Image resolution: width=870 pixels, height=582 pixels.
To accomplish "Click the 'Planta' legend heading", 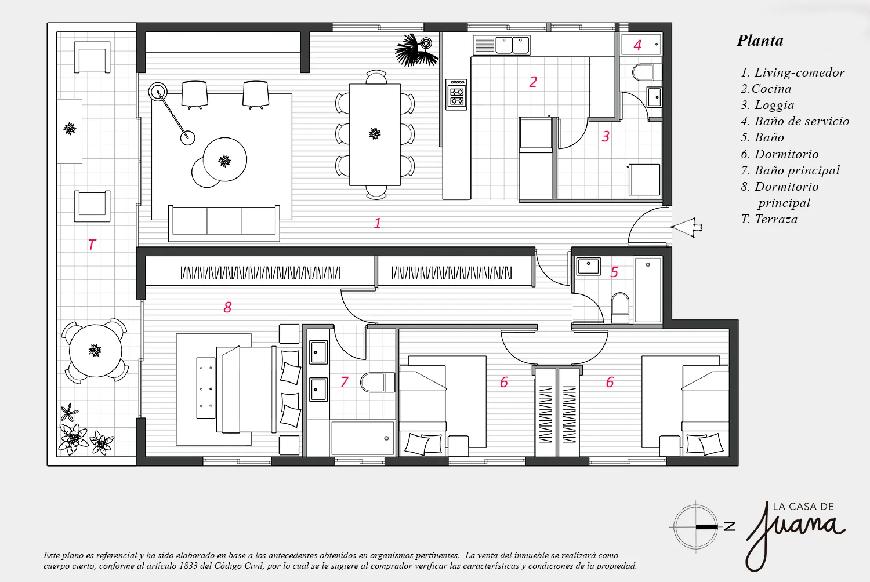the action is pyautogui.click(x=760, y=41).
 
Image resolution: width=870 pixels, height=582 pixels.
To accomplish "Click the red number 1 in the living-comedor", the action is pyautogui.click(x=377, y=223).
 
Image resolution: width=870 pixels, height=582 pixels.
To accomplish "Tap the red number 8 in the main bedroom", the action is pyautogui.click(x=227, y=307).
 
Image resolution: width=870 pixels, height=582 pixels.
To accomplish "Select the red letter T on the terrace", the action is pyautogui.click(x=92, y=245).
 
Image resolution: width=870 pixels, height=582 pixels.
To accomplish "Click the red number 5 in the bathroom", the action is pyautogui.click(x=614, y=272).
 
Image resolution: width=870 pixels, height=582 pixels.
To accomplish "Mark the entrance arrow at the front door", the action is pyautogui.click(x=686, y=227).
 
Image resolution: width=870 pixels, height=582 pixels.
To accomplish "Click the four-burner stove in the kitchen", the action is pyautogui.click(x=456, y=94).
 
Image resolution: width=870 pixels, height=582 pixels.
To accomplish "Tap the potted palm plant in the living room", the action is pyautogui.click(x=416, y=50).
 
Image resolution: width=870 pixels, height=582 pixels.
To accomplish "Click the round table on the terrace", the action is pyautogui.click(x=95, y=351).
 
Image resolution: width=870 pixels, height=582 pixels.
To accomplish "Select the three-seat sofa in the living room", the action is pyautogui.click(x=224, y=223).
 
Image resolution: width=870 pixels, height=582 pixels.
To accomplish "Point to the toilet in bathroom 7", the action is pyautogui.click(x=378, y=383).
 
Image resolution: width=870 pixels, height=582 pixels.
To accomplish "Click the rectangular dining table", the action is pyautogui.click(x=375, y=134).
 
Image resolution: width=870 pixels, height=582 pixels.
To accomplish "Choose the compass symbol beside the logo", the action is pyautogui.click(x=695, y=527).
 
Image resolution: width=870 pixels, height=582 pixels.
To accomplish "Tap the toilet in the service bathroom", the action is pyautogui.click(x=647, y=72).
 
